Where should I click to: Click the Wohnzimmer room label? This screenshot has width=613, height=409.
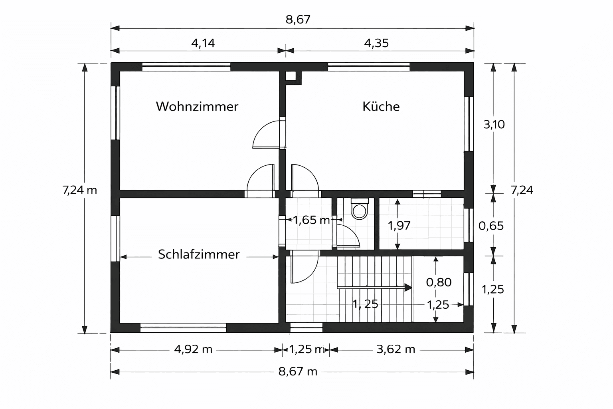click(197, 106)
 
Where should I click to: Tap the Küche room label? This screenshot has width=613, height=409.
click(381, 106)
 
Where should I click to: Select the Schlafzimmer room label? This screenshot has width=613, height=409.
click(199, 254)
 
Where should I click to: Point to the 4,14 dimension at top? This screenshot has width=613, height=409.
click(203, 43)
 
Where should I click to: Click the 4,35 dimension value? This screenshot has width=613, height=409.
click(376, 43)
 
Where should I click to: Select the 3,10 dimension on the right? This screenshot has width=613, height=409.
click(494, 125)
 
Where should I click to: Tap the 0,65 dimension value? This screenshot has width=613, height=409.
click(491, 226)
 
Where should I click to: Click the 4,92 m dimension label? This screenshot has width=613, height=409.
click(193, 349)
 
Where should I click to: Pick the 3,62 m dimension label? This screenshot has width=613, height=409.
click(395, 349)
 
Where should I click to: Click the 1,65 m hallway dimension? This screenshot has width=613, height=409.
click(311, 220)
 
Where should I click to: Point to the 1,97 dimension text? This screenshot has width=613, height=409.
click(399, 226)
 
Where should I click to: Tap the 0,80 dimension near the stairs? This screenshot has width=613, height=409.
click(439, 282)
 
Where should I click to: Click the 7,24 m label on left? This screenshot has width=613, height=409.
click(79, 190)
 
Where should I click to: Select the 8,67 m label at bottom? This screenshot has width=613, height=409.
click(298, 372)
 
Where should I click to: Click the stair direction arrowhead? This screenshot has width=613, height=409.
click(408, 287)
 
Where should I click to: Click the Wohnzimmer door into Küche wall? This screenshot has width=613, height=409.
click(268, 135)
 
